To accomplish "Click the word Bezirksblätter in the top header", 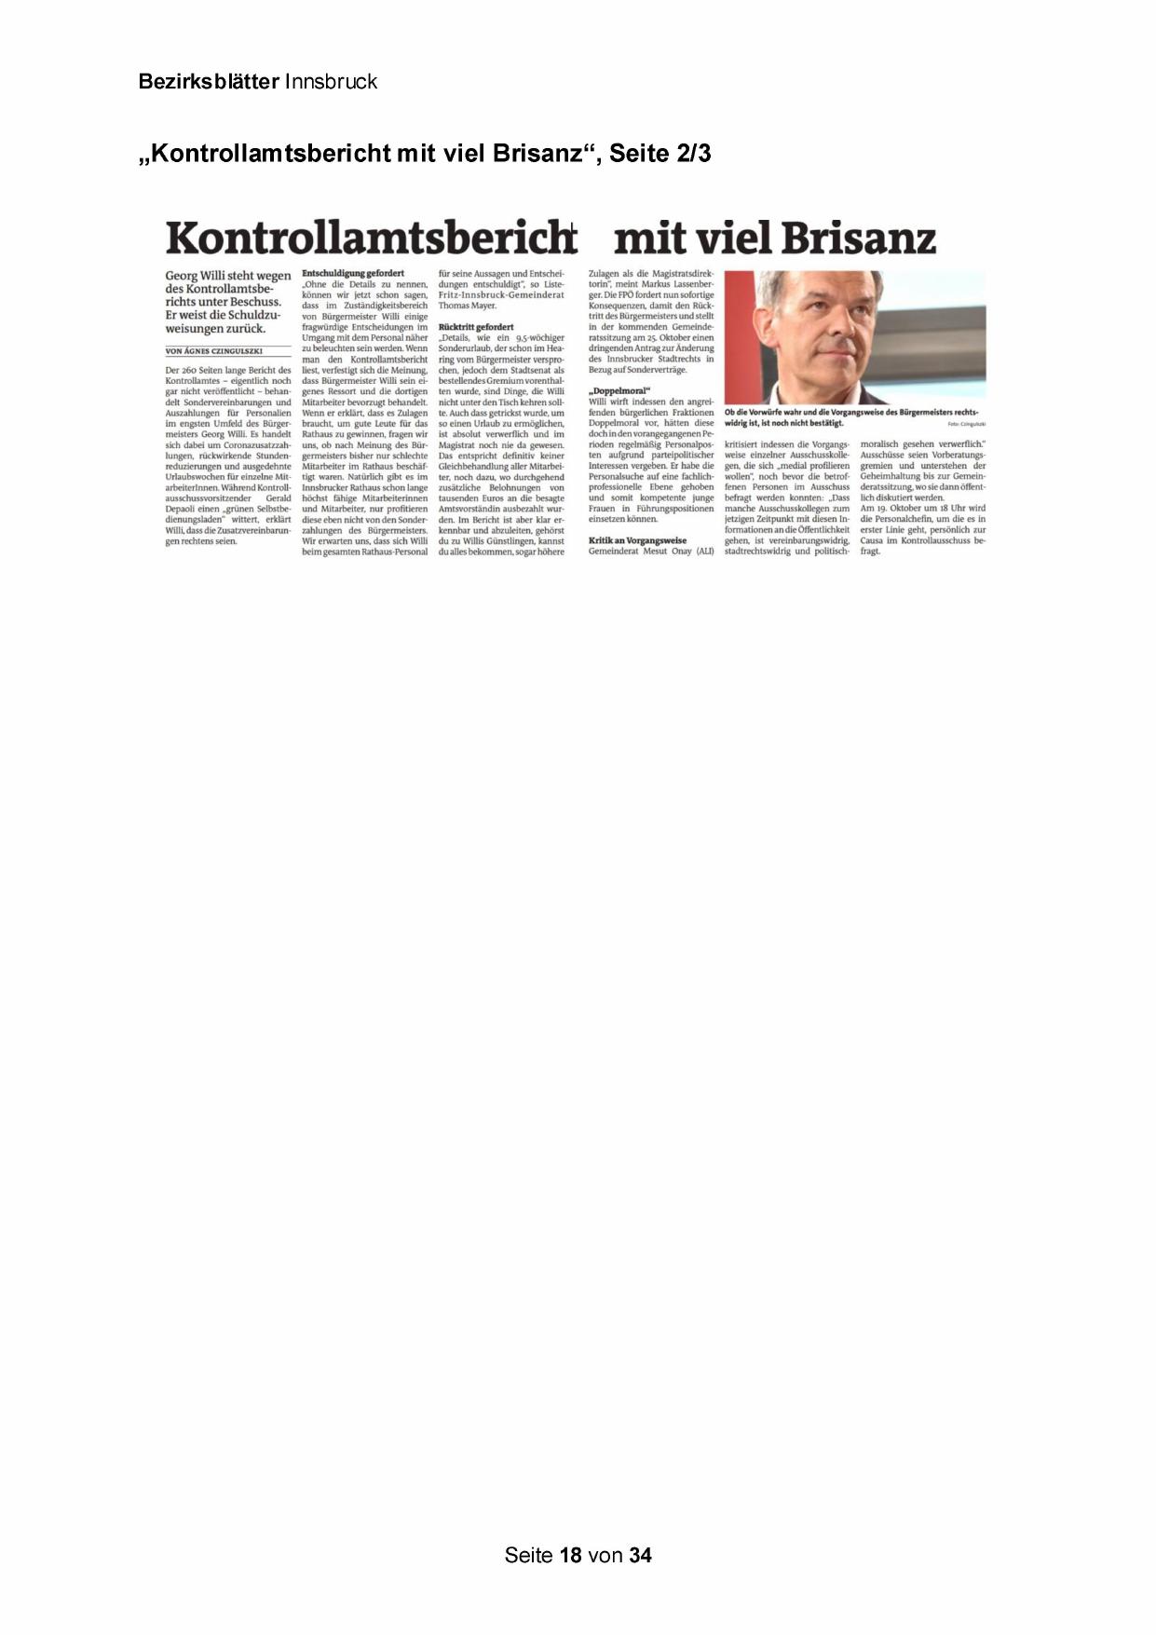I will tap(209, 82).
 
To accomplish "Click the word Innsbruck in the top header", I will tap(331, 82).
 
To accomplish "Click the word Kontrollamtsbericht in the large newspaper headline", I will tap(370, 238).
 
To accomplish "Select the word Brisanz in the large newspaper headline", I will tap(858, 238).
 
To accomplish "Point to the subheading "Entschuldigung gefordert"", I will tap(353, 273).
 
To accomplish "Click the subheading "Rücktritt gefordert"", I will tap(476, 327).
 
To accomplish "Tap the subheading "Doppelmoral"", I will tap(619, 390).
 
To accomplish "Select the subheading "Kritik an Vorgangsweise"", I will tap(637, 540).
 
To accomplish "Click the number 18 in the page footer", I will tap(571, 1555).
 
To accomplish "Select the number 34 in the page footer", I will tap(640, 1555).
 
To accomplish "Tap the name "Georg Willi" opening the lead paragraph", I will tap(196, 276).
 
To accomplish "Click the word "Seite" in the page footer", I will tap(528, 1555).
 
